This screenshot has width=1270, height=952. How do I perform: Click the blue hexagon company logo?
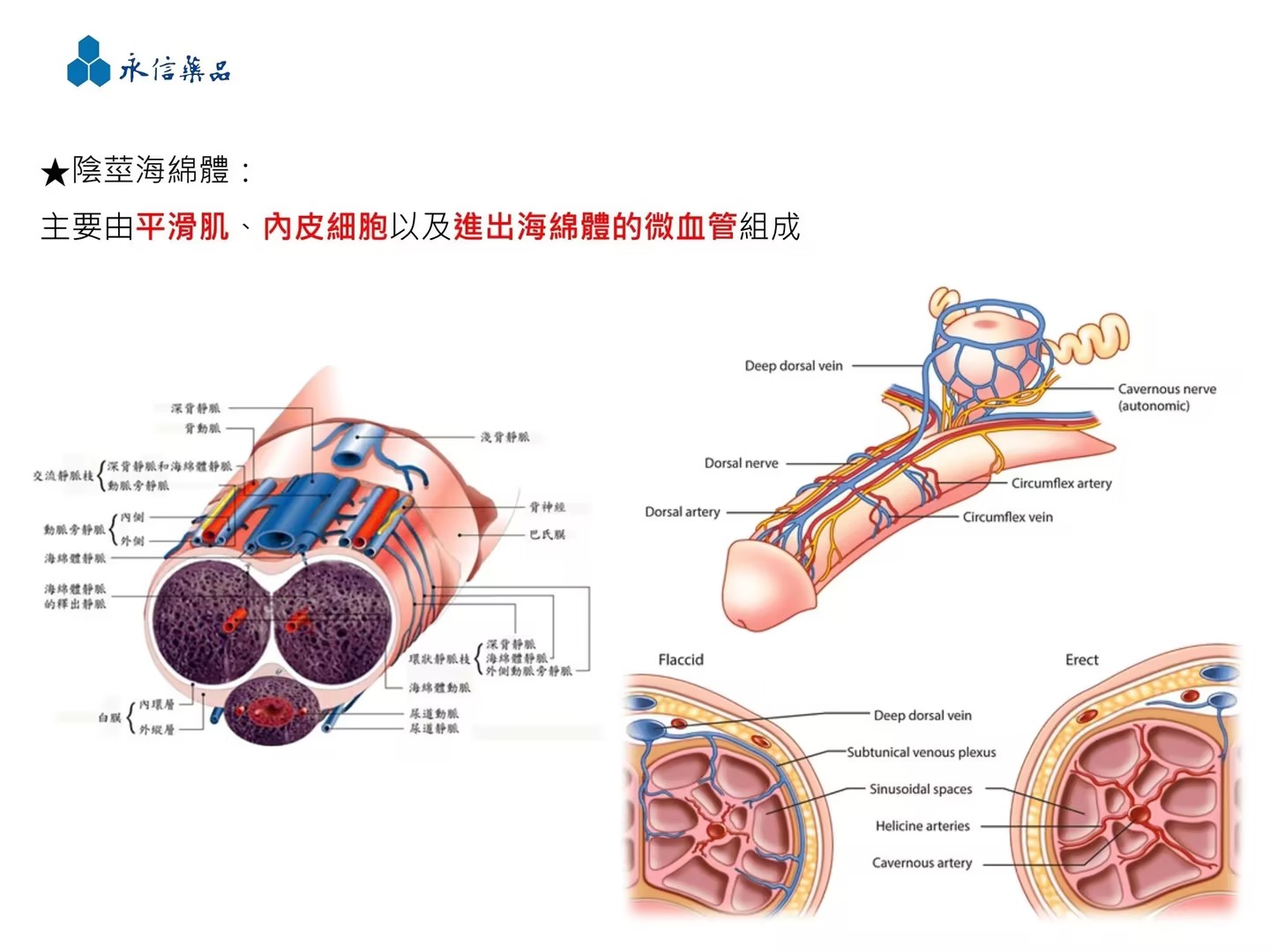(x=88, y=62)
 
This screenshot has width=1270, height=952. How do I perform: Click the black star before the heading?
(x=55, y=172)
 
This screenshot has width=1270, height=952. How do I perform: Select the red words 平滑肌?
(x=183, y=227)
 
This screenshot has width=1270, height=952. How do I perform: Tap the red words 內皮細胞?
(x=325, y=227)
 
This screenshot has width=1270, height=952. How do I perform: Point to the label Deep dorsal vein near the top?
(x=793, y=366)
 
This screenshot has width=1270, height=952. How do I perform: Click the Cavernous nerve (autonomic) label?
(x=1166, y=397)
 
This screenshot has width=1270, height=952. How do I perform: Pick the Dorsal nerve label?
(x=741, y=463)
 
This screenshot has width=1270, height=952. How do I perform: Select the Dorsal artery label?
(x=682, y=511)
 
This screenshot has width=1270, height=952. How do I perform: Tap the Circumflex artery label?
(x=1061, y=483)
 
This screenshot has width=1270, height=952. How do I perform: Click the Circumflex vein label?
(x=1007, y=517)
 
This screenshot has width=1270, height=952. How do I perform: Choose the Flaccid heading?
(x=681, y=659)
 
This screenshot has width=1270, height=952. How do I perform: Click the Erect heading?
(x=1081, y=659)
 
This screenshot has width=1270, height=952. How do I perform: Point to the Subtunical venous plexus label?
(x=921, y=752)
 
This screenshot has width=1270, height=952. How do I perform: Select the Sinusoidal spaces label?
(x=920, y=789)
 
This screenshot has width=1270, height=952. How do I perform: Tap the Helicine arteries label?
(x=922, y=826)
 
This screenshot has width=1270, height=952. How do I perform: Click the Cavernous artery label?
(x=922, y=863)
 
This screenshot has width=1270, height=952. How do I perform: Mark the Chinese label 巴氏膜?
(x=547, y=534)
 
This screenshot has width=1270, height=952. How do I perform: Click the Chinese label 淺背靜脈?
(x=504, y=437)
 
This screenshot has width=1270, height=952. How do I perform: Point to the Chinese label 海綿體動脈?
(x=439, y=688)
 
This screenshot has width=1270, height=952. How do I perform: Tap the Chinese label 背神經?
(x=547, y=507)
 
